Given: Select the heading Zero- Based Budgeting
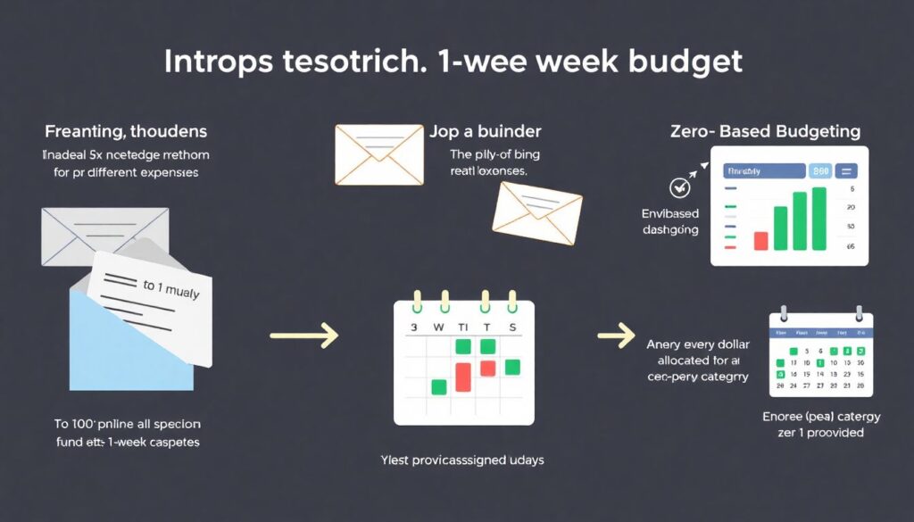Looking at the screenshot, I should click(765, 132).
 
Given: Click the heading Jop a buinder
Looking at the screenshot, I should click(485, 132).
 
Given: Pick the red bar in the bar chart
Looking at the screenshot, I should click(760, 240).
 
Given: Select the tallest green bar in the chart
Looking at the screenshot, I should click(819, 218).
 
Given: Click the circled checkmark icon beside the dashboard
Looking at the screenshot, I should click(679, 187).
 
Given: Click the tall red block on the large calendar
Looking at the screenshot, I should click(463, 376).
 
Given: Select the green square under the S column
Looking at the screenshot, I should click(511, 366).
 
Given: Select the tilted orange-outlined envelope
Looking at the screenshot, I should click(536, 212).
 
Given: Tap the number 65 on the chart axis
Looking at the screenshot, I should click(851, 246).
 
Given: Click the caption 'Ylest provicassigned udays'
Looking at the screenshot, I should click(461, 460).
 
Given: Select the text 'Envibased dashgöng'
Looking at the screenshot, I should click(670, 221).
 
